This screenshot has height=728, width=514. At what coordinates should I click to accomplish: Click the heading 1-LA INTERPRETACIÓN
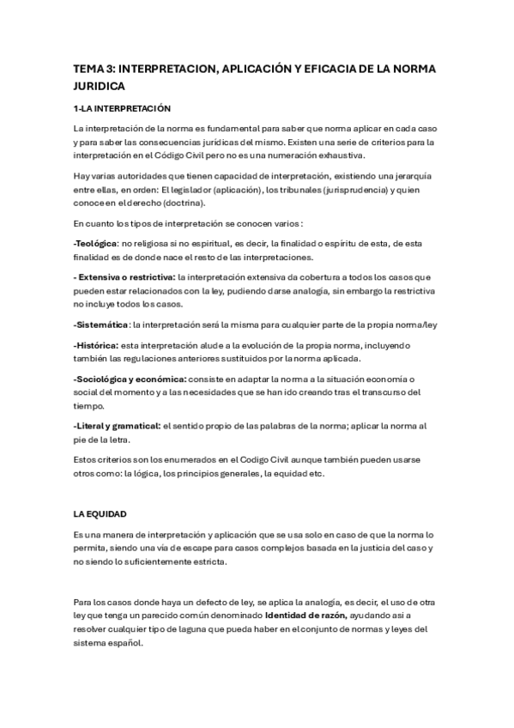point(123,109)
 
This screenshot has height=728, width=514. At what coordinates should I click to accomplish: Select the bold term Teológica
point(95,245)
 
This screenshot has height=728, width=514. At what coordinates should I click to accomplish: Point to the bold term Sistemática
point(101,324)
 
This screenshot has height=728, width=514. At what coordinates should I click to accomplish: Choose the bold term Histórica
point(96,345)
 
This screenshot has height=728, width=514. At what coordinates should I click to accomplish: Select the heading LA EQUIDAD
point(100,513)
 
